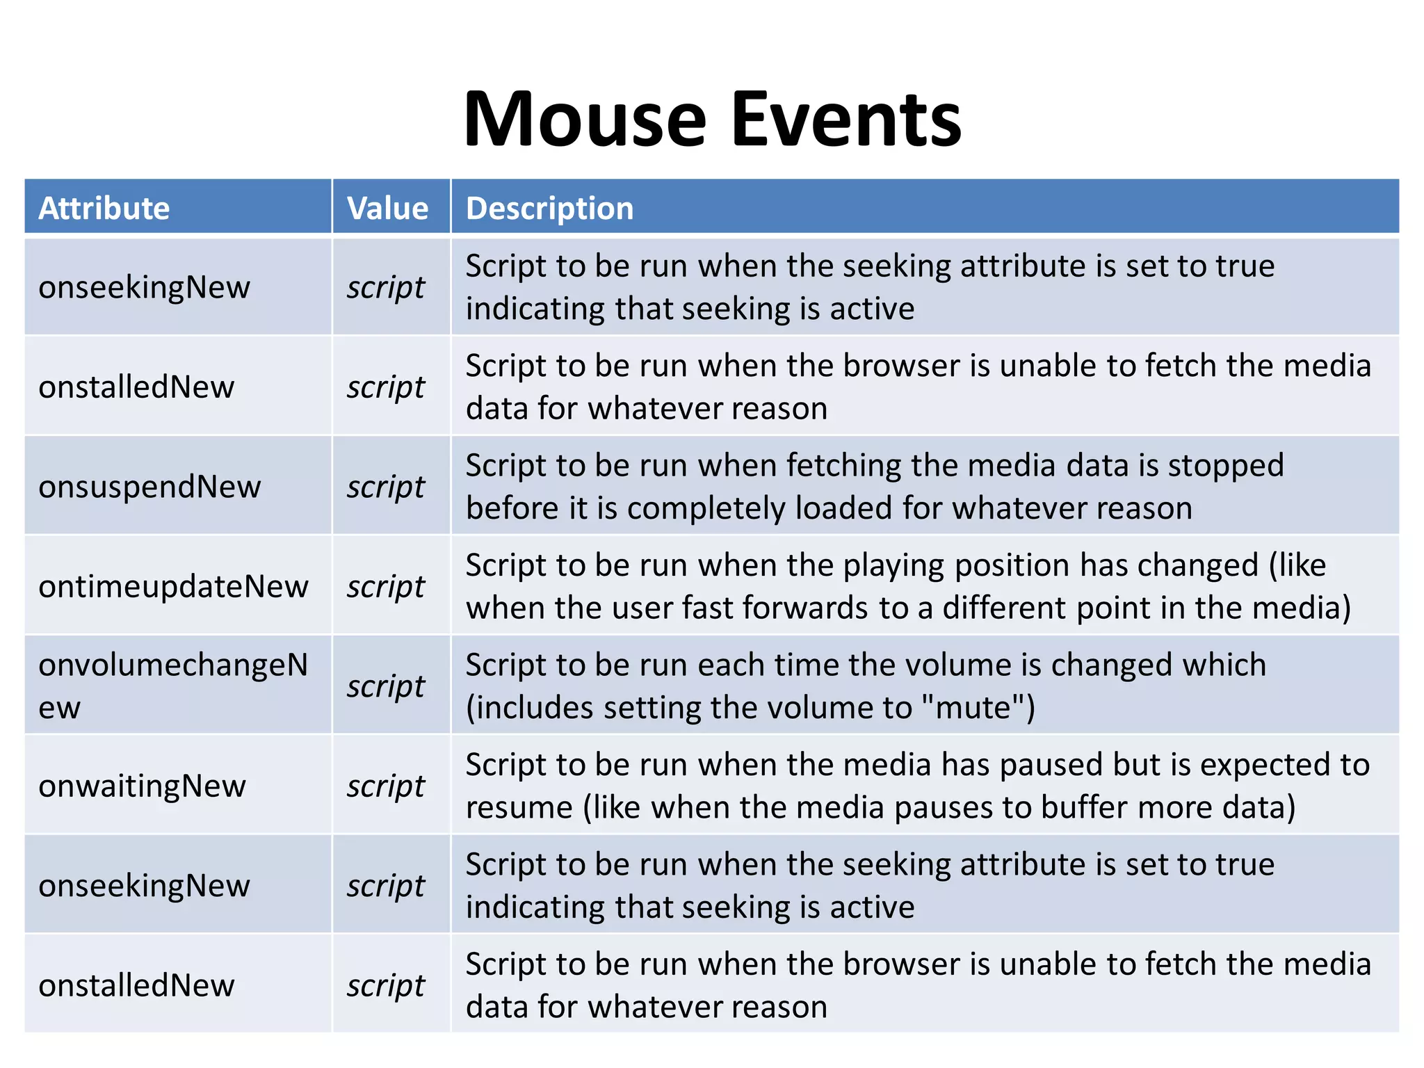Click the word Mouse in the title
[585, 120]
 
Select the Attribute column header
[104, 208]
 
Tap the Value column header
[388, 208]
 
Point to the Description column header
[549, 208]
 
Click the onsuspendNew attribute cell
[149, 486]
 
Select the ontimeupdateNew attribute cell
[173, 586]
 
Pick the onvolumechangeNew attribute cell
[173, 686]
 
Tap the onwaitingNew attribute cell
[142, 786]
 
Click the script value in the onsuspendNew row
[386, 487]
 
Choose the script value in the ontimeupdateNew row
[386, 587]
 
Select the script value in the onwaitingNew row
[386, 786]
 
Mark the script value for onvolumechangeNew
[386, 686]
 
